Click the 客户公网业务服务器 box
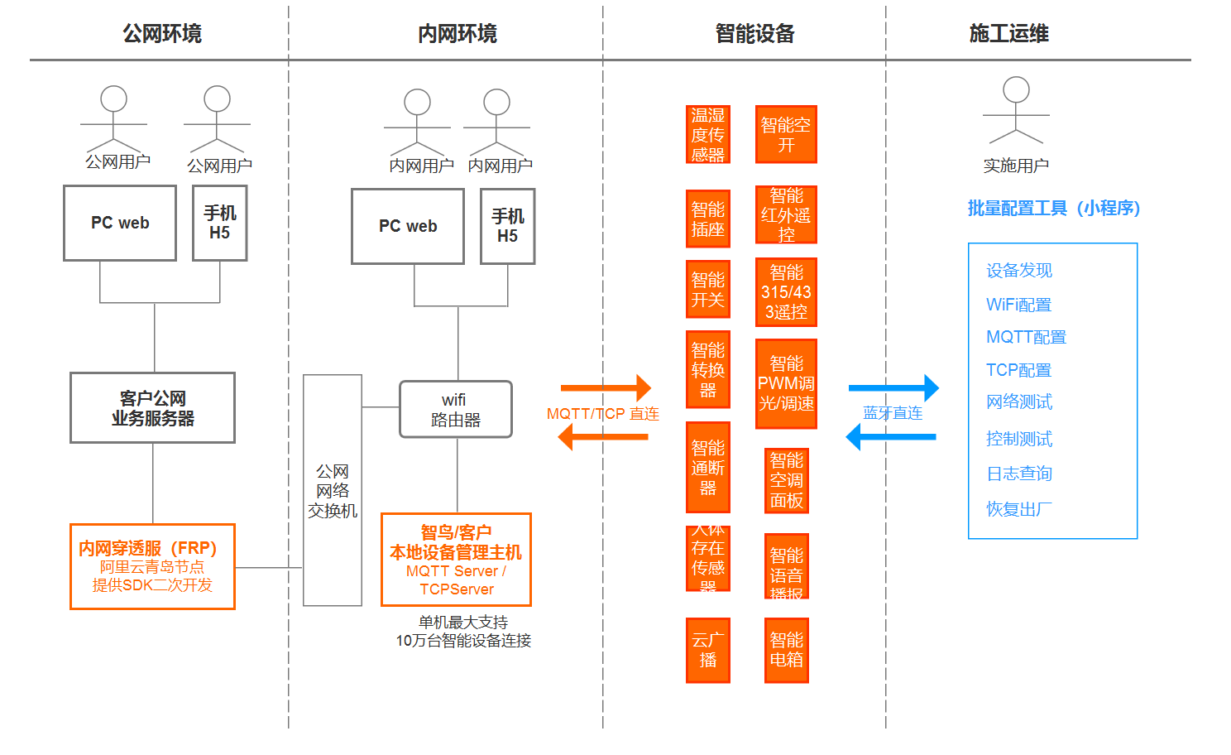click(153, 408)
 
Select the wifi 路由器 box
click(456, 410)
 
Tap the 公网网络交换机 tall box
click(333, 490)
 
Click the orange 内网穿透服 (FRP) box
click(153, 567)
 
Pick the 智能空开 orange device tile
click(786, 134)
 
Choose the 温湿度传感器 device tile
click(708, 134)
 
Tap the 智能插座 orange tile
click(708, 219)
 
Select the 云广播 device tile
click(708, 650)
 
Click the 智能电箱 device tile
click(786, 650)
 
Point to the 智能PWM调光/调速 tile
click(786, 383)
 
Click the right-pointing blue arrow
click(893, 387)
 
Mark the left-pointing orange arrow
click(604, 436)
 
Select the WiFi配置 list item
click(1018, 305)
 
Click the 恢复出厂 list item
click(1019, 508)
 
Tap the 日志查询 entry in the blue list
click(1019, 474)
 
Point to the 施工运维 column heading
click(1008, 34)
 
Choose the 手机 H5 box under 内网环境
click(508, 226)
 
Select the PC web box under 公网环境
click(120, 223)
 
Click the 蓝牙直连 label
click(893, 413)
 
